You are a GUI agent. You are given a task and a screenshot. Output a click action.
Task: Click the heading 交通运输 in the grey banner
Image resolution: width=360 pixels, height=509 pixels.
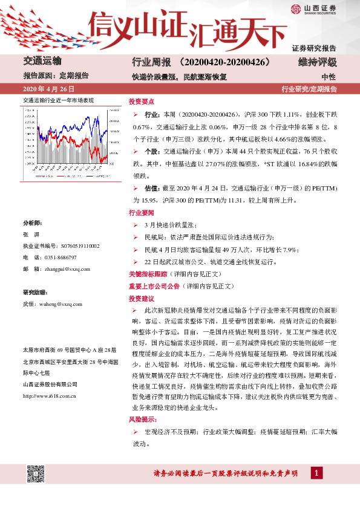pos(42,61)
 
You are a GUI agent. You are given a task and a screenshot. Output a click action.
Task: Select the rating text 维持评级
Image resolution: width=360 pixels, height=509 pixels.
pos(318,62)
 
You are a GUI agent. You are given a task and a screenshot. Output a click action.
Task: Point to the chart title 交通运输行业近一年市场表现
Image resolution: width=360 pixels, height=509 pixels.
pos(58,100)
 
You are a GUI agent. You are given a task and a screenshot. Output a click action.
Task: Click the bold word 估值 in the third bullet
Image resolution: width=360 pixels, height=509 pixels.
pos(152,188)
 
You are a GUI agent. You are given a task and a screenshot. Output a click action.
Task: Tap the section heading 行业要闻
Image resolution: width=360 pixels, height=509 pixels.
pos(140,213)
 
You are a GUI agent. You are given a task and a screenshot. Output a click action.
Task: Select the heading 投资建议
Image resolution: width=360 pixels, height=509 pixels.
pos(140,298)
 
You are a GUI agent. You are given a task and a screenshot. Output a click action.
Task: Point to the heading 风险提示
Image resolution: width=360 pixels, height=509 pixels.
pos(142,418)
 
